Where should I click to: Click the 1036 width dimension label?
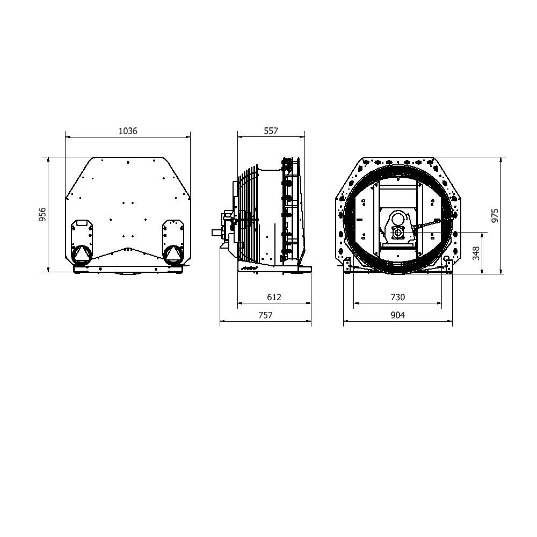click(x=128, y=131)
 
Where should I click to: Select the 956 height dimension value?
click(x=42, y=214)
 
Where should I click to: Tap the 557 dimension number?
click(x=271, y=131)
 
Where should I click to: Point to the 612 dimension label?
click(x=274, y=297)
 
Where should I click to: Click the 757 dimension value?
click(x=265, y=315)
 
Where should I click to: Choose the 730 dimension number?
click(x=397, y=297)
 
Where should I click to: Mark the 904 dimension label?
click(x=397, y=315)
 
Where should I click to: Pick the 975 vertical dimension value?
click(x=495, y=216)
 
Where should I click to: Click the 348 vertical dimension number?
click(x=476, y=253)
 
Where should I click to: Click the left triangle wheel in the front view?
click(x=82, y=254)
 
